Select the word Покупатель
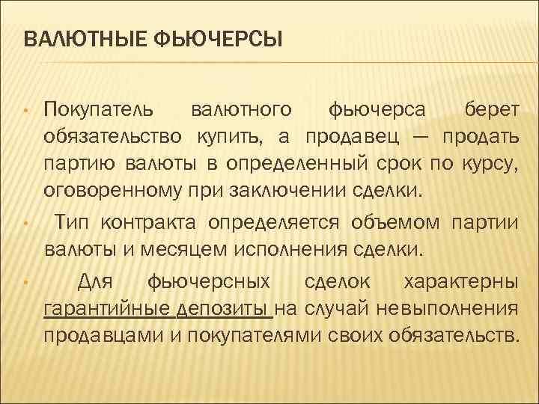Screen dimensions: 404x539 pyautogui.click(x=99, y=111)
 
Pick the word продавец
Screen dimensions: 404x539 pyautogui.click(x=349, y=138)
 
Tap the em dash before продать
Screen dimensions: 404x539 pyautogui.click(x=420, y=138)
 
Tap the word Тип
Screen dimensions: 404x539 pyautogui.click(x=73, y=222)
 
